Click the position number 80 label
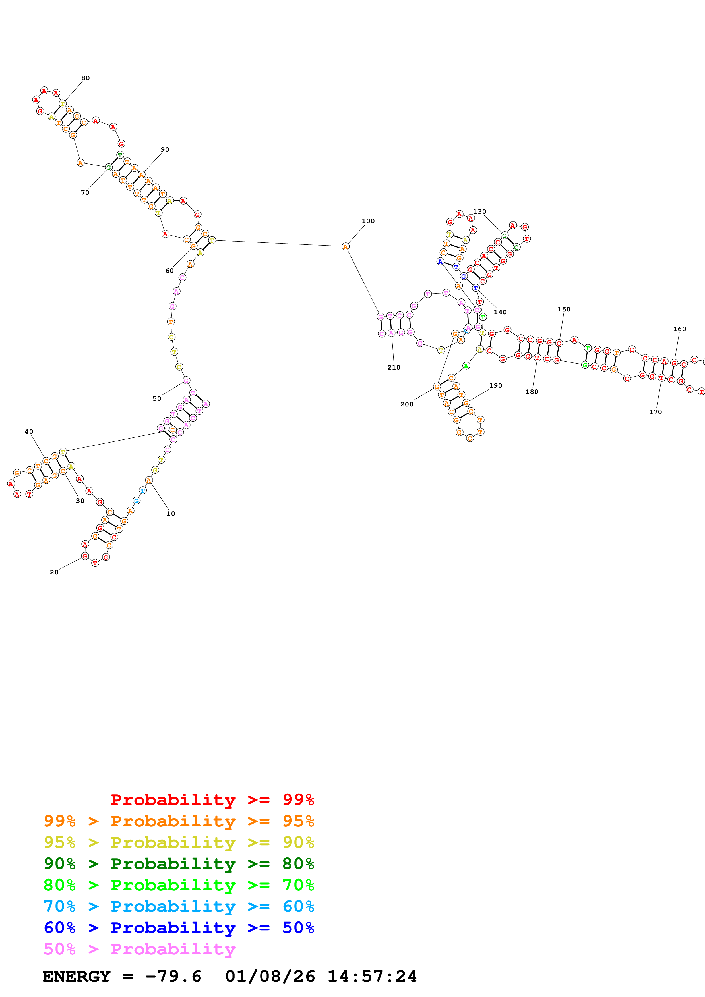86,78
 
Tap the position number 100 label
368,221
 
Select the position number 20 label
54,572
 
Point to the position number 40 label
29,432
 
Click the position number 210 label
394,368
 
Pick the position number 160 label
679,329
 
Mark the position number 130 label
479,212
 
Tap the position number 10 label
171,514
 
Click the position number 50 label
157,399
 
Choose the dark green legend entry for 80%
179,864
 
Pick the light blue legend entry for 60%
179,907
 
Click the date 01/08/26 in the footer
270,977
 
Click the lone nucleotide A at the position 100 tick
345,247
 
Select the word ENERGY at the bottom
77,977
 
